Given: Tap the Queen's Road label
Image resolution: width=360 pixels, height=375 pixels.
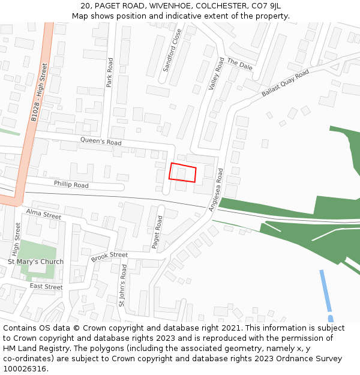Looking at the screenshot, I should coord(101,142).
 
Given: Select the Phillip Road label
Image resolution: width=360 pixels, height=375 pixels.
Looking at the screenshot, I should coord(71,184).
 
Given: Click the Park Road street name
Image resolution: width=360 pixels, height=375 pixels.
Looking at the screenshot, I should coord(110,73).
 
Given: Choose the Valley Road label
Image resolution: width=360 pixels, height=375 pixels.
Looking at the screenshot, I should coord(216,74).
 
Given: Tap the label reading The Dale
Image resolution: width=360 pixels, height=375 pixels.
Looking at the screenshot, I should coord(239,65).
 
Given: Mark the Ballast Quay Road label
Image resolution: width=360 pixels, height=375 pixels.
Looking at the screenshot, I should coord(284,83).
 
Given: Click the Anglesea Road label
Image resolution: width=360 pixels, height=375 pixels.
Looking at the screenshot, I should coord(215,190).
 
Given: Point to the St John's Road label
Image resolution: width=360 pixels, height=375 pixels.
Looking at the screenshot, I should coord(122,286).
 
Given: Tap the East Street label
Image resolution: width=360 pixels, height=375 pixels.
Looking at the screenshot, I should coord(46,287).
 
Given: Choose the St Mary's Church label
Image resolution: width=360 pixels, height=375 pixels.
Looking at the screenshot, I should coord(35,262).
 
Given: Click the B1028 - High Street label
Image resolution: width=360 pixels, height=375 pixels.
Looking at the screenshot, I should coord(38,92).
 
